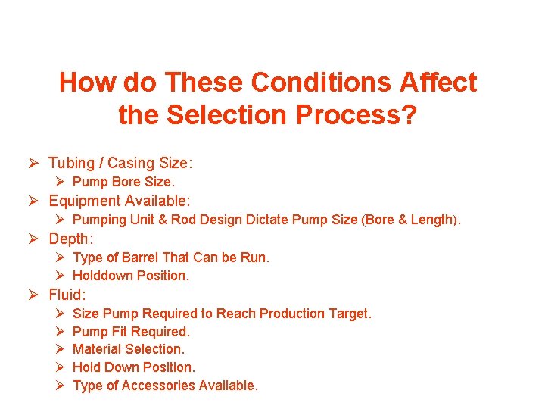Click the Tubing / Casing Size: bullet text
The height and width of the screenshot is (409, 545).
point(120,163)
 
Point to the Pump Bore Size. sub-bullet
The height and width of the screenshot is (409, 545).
point(123,182)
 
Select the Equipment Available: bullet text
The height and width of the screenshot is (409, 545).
point(120,201)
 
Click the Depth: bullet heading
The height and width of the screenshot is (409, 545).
point(71,239)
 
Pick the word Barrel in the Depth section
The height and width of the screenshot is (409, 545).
point(139,258)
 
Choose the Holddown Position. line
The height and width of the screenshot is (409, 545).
point(130,276)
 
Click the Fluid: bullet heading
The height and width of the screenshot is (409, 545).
point(68,295)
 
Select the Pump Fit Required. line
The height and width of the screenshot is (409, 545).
point(131,331)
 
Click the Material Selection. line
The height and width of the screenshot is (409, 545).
point(128,349)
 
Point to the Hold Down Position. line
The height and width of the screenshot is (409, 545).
point(133,367)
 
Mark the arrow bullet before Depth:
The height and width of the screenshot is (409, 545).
point(34,239)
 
